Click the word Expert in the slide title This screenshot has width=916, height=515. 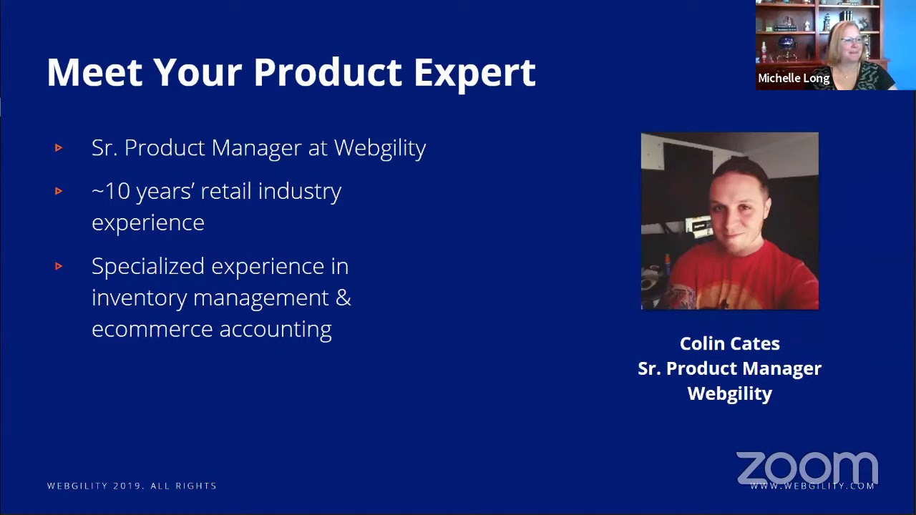pyautogui.click(x=474, y=73)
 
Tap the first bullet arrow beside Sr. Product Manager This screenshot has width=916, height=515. pyautogui.click(x=59, y=148)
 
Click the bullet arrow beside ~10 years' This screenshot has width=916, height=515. pyautogui.click(x=59, y=191)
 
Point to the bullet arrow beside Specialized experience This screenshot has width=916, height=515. pyautogui.click(x=59, y=266)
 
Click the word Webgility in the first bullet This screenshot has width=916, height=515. pyautogui.click(x=379, y=148)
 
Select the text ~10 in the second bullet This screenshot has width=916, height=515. pyautogui.click(x=110, y=192)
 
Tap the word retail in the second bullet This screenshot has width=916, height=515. pyautogui.click(x=226, y=192)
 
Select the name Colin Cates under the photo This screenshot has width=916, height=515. pyautogui.click(x=729, y=344)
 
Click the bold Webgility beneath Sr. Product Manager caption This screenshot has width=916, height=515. pyautogui.click(x=729, y=394)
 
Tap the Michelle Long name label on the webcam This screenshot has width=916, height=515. pyautogui.click(x=793, y=79)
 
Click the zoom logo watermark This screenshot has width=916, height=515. pyautogui.click(x=807, y=468)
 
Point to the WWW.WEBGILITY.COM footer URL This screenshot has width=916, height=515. pyautogui.click(x=812, y=486)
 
